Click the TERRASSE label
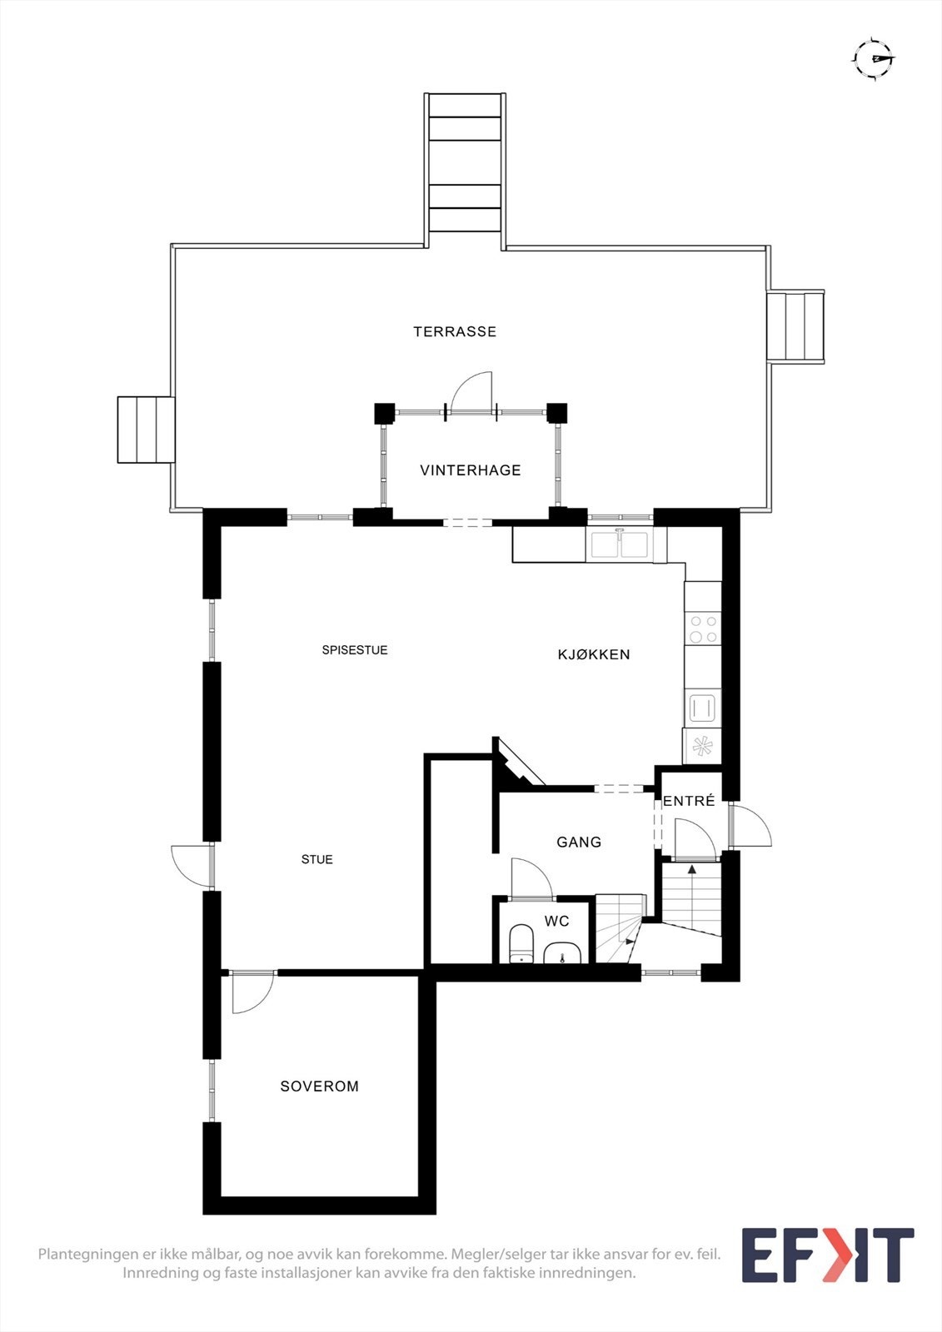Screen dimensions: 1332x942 (x=455, y=331)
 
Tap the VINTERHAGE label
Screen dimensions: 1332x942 (x=471, y=470)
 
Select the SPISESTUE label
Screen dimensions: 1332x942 (x=355, y=650)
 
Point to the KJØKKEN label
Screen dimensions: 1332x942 (x=594, y=654)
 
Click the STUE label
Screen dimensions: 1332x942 (x=317, y=859)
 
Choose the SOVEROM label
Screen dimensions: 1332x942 (x=320, y=1086)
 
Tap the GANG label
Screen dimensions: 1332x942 (x=579, y=842)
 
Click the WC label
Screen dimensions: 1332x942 (x=556, y=921)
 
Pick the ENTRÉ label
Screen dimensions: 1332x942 (x=689, y=801)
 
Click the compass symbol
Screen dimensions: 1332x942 (x=873, y=58)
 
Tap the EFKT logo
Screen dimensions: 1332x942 (x=827, y=1255)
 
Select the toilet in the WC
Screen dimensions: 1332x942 (x=521, y=942)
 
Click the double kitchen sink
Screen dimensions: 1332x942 (x=620, y=544)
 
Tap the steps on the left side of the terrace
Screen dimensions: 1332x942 (x=146, y=430)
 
